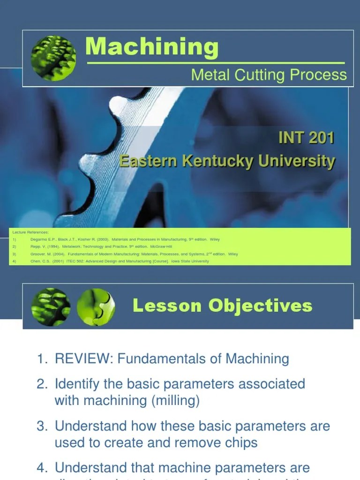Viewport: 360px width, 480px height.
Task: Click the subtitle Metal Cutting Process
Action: pyautogui.click(x=269, y=75)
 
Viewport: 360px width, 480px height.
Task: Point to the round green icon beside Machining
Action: pyautogui.click(x=53, y=58)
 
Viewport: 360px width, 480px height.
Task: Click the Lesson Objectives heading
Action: pyautogui.click(x=222, y=306)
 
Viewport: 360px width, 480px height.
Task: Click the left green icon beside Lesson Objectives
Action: pyautogui.click(x=51, y=307)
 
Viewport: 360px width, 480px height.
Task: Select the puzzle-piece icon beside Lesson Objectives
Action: pyautogui.click(x=96, y=307)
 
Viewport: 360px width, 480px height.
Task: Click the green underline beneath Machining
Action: pyautogui.click(x=216, y=62)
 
